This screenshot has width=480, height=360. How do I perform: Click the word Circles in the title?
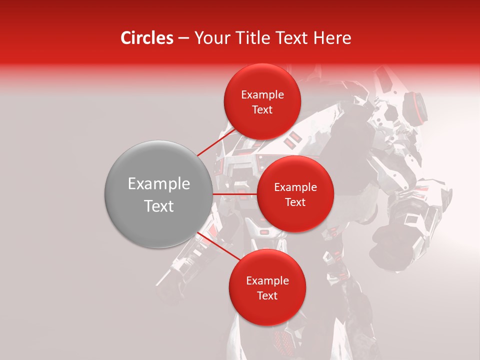(x=146, y=38)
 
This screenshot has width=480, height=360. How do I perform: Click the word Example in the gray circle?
(x=159, y=184)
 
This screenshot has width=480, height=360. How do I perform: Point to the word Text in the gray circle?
(x=159, y=206)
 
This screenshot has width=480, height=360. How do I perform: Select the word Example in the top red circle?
(x=262, y=95)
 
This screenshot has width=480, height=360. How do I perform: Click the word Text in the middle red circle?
(x=295, y=202)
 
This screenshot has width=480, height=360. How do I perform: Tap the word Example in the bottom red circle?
(x=267, y=281)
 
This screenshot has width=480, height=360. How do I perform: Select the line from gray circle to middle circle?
(x=235, y=194)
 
